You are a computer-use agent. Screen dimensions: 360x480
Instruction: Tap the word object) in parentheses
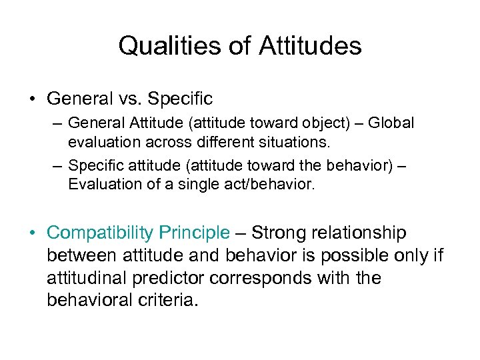[321, 124]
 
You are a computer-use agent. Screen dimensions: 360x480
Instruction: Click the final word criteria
[169, 301]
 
